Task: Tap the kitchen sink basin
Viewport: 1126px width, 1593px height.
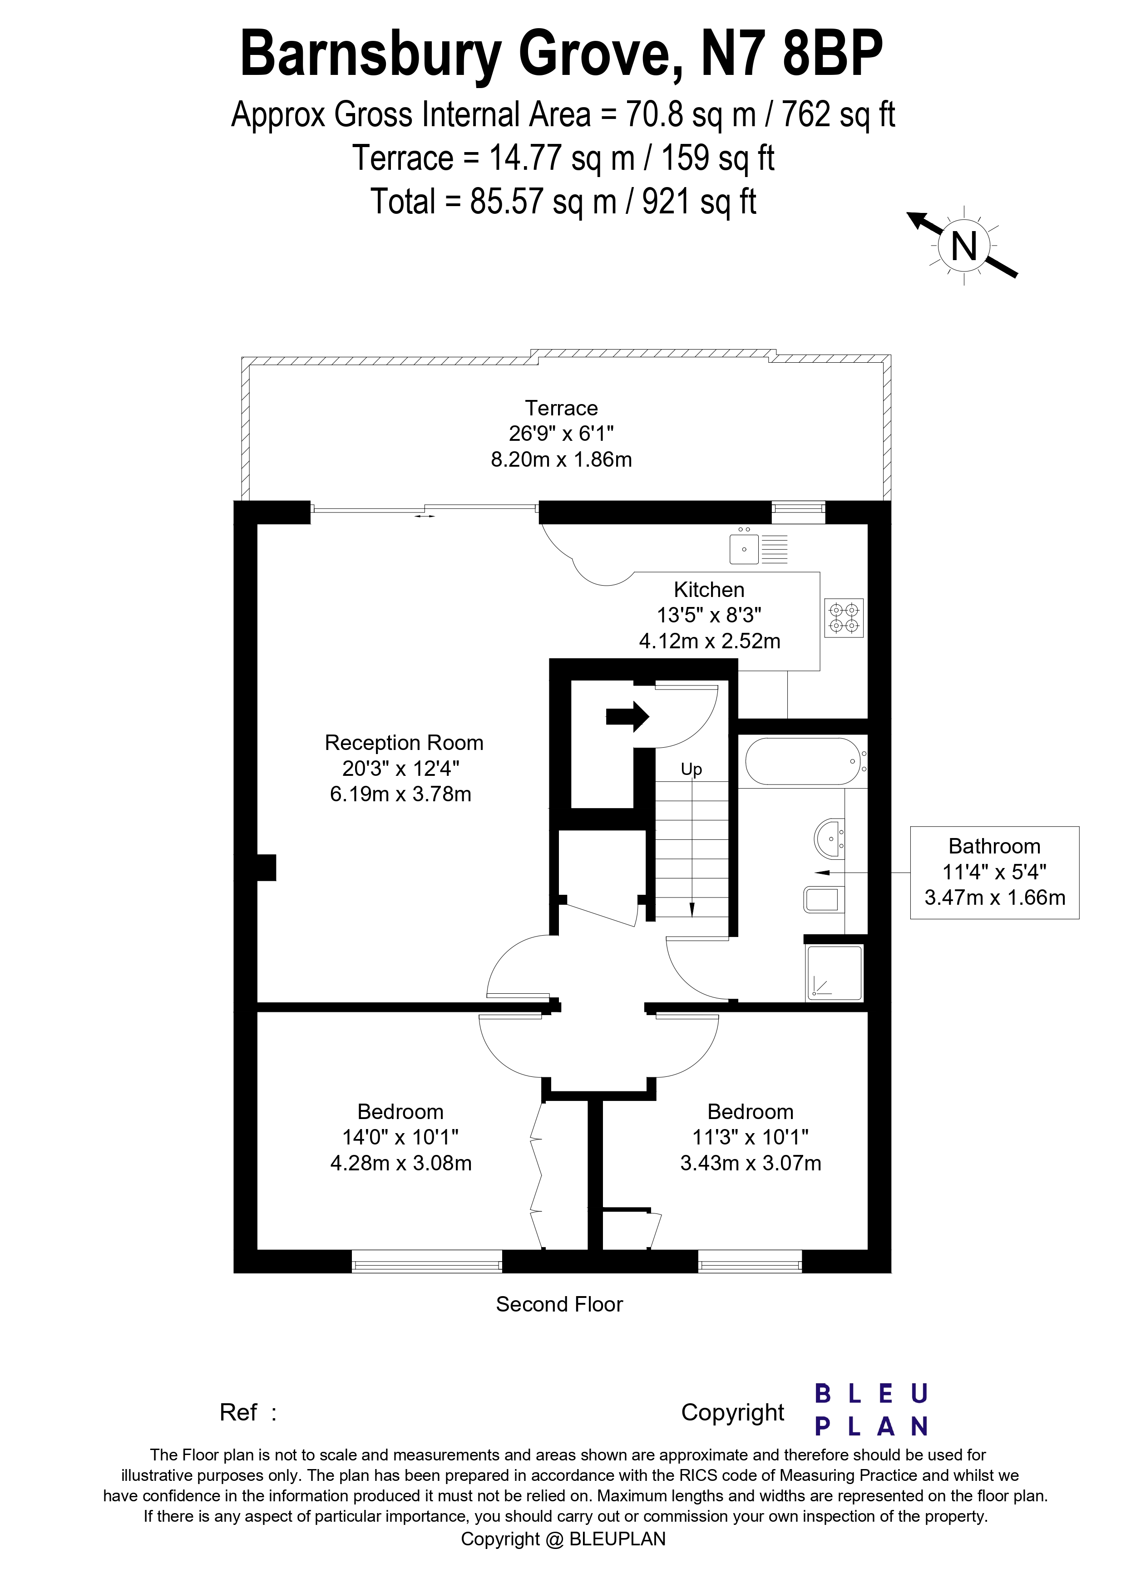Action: coord(745,549)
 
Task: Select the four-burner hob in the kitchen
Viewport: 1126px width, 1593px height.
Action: coord(844,617)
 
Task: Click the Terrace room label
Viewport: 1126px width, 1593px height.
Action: coord(561,408)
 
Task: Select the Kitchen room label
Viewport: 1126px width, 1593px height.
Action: coord(709,590)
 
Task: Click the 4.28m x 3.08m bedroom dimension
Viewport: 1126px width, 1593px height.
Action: coord(401,1164)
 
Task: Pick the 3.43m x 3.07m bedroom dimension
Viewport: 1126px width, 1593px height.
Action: coord(751,1164)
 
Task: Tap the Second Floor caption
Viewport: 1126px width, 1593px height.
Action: coord(559,1304)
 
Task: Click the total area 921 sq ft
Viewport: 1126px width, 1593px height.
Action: coord(699,202)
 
